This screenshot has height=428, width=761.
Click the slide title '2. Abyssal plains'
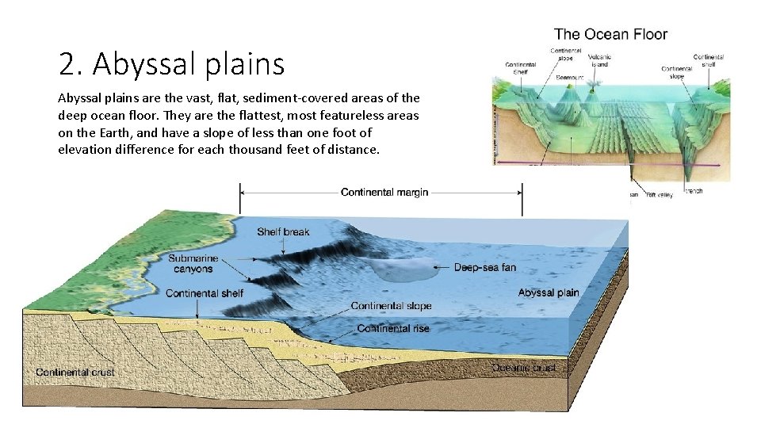(171, 64)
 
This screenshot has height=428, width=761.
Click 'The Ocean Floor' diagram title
(610, 34)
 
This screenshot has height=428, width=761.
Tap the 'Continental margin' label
(384, 193)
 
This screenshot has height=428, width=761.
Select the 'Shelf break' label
(283, 232)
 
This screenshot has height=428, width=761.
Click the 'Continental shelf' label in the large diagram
(205, 293)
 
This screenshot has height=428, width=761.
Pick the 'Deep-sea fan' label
(484, 267)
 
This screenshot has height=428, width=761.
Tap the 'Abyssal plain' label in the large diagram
(549, 292)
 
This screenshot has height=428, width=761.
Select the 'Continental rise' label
(394, 328)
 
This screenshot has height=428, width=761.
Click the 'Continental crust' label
(75, 372)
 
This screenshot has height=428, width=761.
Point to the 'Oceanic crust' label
(524, 367)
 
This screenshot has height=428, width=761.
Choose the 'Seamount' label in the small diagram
(569, 78)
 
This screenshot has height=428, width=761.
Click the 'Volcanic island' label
(599, 60)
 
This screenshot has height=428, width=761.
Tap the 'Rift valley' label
(660, 193)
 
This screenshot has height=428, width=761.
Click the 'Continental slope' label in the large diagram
(391, 306)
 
